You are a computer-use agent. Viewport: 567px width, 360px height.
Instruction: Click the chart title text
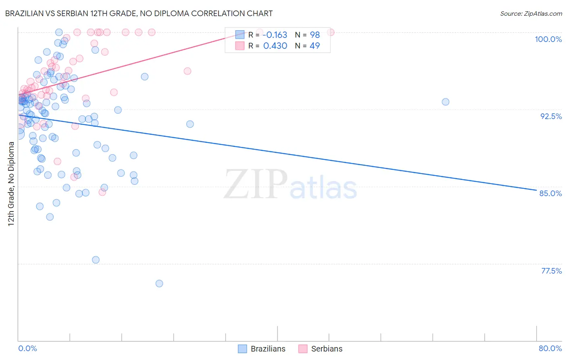pyautogui.click(x=139, y=13)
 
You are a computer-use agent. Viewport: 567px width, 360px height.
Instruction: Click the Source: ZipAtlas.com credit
pyautogui.click(x=531, y=13)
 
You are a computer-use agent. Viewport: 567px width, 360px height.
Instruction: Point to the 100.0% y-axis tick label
pyautogui.click(x=548, y=39)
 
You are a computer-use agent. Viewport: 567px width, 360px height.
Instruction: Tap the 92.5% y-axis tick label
pyautogui.click(x=551, y=116)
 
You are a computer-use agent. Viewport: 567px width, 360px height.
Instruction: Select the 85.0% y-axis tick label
pyautogui.click(x=550, y=193)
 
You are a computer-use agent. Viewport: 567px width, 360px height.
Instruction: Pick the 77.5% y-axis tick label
pyautogui.click(x=551, y=271)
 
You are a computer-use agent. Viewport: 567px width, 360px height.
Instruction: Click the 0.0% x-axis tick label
pyautogui.click(x=27, y=348)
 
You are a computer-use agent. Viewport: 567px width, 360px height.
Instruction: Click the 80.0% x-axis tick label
pyautogui.click(x=550, y=348)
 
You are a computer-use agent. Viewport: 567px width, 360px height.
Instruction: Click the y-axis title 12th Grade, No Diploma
pyautogui.click(x=11, y=184)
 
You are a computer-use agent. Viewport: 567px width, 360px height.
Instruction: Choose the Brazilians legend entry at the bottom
pyautogui.click(x=262, y=349)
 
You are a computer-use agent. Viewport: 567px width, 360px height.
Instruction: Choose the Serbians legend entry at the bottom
pyautogui.click(x=321, y=349)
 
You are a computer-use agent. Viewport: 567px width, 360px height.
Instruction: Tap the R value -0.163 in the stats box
pyautogui.click(x=275, y=35)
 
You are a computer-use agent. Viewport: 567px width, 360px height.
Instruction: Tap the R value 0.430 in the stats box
pyautogui.click(x=275, y=46)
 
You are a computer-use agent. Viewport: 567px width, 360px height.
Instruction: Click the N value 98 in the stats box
pyautogui.click(x=315, y=35)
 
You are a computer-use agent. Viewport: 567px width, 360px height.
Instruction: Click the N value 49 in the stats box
pyautogui.click(x=315, y=46)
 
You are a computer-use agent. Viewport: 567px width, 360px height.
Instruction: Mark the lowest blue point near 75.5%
pyautogui.click(x=159, y=284)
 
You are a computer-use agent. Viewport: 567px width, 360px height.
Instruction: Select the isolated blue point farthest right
pyautogui.click(x=445, y=102)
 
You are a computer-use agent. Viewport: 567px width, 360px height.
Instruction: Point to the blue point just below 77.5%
pyautogui.click(x=96, y=260)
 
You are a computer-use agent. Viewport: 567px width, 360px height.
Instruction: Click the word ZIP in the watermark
pyautogui.click(x=256, y=184)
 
